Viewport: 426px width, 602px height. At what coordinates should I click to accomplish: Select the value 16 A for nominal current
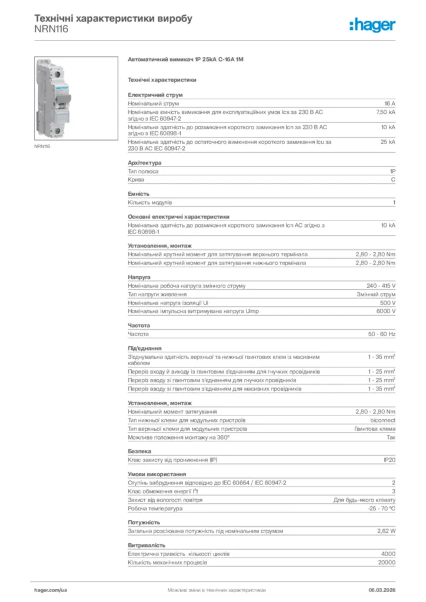[x=390, y=103]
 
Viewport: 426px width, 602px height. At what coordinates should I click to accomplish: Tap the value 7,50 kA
[x=386, y=111]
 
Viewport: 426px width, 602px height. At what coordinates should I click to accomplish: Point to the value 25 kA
[x=388, y=142]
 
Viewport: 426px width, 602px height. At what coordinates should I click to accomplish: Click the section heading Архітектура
[x=145, y=162]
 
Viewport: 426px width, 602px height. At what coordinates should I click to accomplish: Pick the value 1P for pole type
[x=392, y=171]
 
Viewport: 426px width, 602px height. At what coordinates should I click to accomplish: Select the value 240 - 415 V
[x=381, y=286]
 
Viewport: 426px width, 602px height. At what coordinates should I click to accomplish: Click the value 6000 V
[x=386, y=311]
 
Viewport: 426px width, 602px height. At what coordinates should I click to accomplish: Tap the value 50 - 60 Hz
[x=382, y=334]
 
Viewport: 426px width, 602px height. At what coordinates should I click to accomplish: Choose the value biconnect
[x=382, y=420]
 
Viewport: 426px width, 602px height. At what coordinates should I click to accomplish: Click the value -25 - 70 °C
[x=381, y=508]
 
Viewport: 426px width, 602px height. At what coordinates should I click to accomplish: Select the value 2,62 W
[x=386, y=531]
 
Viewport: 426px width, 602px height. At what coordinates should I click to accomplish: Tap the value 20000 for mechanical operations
[x=387, y=563]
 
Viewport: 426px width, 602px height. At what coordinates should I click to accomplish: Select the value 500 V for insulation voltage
[x=388, y=303]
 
